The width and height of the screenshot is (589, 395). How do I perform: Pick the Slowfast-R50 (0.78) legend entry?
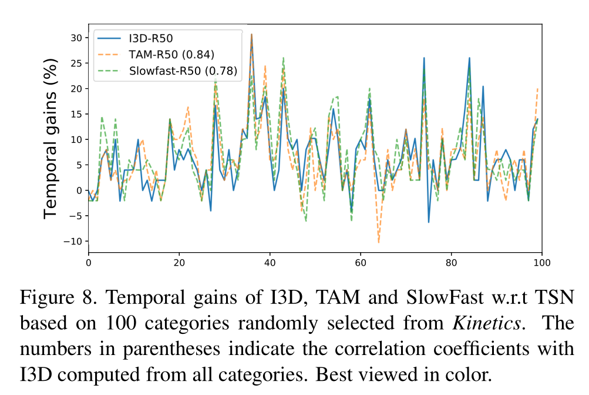[x=183, y=72]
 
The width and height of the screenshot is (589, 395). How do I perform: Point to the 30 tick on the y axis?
[x=77, y=38]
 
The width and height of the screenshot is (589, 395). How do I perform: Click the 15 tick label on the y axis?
[x=77, y=114]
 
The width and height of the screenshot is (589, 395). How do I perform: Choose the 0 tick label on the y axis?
[x=79, y=190]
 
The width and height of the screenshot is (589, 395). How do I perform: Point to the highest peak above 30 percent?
[x=251, y=35]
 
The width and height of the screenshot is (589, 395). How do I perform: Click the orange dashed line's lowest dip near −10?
[x=379, y=242]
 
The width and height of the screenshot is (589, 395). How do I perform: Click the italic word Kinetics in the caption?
[x=487, y=324]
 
